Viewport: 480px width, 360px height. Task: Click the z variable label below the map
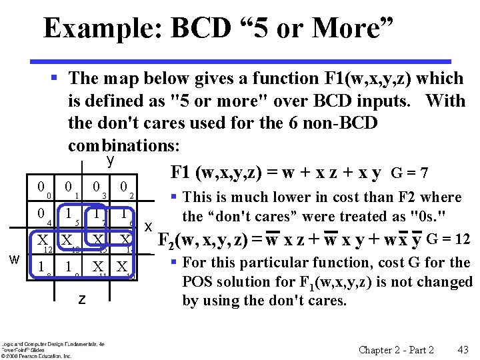tap(81, 299)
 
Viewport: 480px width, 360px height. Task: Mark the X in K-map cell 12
tap(41, 241)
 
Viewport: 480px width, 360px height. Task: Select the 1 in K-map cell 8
tap(41, 267)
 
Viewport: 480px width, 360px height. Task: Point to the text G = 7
tap(411, 174)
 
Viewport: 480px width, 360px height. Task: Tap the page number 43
tap(463, 350)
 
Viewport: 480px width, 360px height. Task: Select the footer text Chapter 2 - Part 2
tap(396, 350)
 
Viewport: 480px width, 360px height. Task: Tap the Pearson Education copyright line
tap(36, 356)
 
